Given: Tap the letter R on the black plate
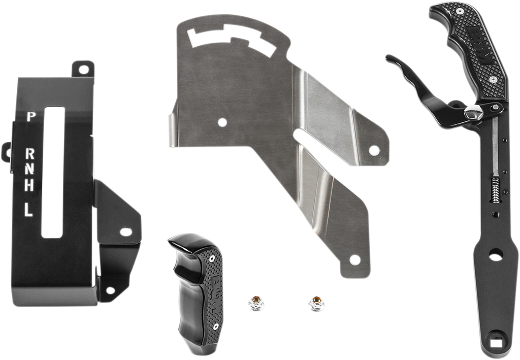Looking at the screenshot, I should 31,153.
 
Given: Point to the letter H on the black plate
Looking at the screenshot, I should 30,186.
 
